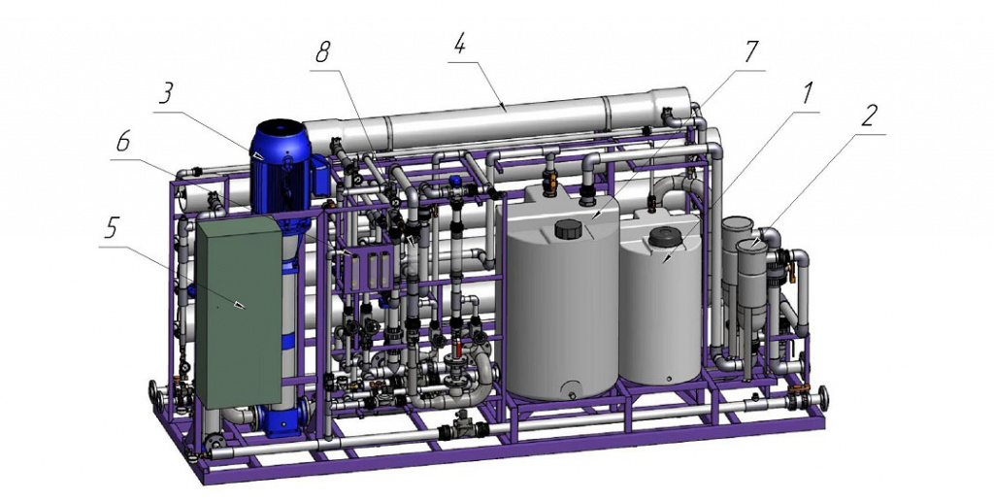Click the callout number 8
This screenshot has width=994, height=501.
[322, 54]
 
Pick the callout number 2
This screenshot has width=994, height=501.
[869, 117]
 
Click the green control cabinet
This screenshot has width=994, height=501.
[239, 312]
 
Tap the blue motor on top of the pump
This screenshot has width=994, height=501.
[281, 167]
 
